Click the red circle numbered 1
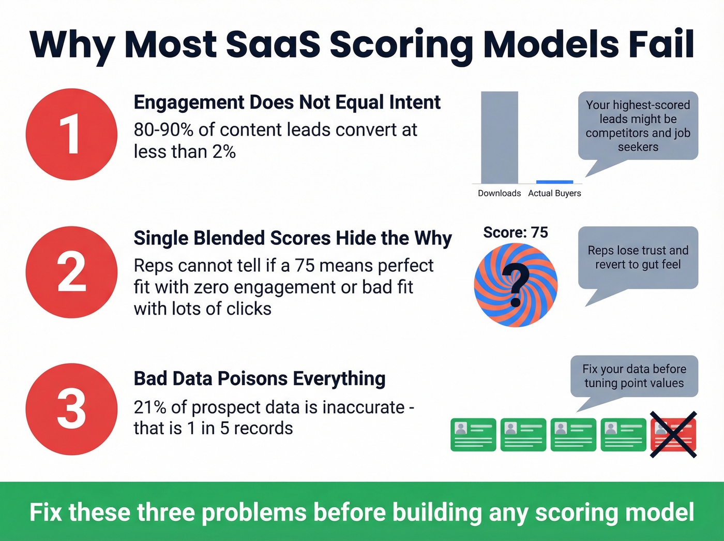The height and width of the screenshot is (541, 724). pyautogui.click(x=71, y=134)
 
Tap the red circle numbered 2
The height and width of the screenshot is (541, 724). pyautogui.click(x=71, y=272)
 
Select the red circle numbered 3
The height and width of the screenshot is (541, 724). pyautogui.click(x=71, y=409)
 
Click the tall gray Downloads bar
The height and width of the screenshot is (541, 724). pyautogui.click(x=499, y=138)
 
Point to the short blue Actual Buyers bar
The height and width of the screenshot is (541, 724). pyautogui.click(x=554, y=182)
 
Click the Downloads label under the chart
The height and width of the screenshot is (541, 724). pyautogui.click(x=499, y=193)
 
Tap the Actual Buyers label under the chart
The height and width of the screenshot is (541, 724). pyautogui.click(x=554, y=193)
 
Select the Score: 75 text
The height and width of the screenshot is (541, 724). pyautogui.click(x=515, y=232)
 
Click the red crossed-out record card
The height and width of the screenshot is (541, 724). pyautogui.click(x=673, y=435)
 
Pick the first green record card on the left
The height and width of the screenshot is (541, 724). pyautogui.click(x=473, y=435)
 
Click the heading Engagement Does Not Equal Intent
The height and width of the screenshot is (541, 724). pyautogui.click(x=287, y=103)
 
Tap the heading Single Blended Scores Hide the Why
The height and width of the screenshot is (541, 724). pyautogui.click(x=293, y=238)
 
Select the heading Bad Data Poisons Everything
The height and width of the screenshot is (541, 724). pyautogui.click(x=260, y=378)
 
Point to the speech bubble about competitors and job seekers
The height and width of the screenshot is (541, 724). pyautogui.click(x=638, y=126)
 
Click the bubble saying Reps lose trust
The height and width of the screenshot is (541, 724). pyautogui.click(x=638, y=257)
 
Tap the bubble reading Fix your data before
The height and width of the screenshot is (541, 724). pyautogui.click(x=634, y=376)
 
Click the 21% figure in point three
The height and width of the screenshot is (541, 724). pyautogui.click(x=150, y=407)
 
